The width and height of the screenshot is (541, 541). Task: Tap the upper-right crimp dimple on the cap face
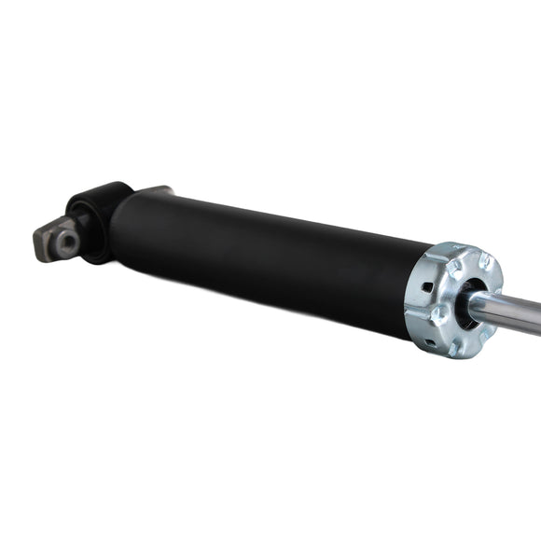coord(485,262)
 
